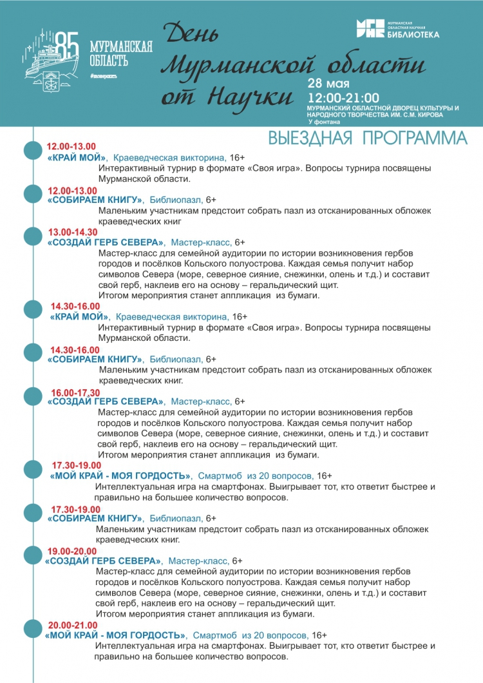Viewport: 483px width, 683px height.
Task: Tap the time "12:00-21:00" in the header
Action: point(343,97)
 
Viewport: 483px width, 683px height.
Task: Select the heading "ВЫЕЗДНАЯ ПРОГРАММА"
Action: point(367,139)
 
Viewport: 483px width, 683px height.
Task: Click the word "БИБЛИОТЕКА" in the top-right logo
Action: point(413,34)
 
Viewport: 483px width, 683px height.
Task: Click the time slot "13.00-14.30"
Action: point(73,232)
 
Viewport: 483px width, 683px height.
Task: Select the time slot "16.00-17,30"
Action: point(75,392)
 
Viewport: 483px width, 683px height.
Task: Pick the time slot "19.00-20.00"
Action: point(72,551)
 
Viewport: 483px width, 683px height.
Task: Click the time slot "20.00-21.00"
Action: point(72,625)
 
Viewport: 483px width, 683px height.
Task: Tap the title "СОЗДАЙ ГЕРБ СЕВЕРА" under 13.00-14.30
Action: point(106,242)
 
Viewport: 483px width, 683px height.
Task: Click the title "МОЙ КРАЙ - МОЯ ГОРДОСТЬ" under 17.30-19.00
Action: point(119,476)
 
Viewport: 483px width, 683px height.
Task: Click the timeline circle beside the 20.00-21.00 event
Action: point(33,630)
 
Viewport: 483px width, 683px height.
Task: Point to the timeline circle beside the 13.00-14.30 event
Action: point(33,236)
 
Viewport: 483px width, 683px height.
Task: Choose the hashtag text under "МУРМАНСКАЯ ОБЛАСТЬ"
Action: point(103,76)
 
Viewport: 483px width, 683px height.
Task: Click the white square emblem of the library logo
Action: point(371,28)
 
